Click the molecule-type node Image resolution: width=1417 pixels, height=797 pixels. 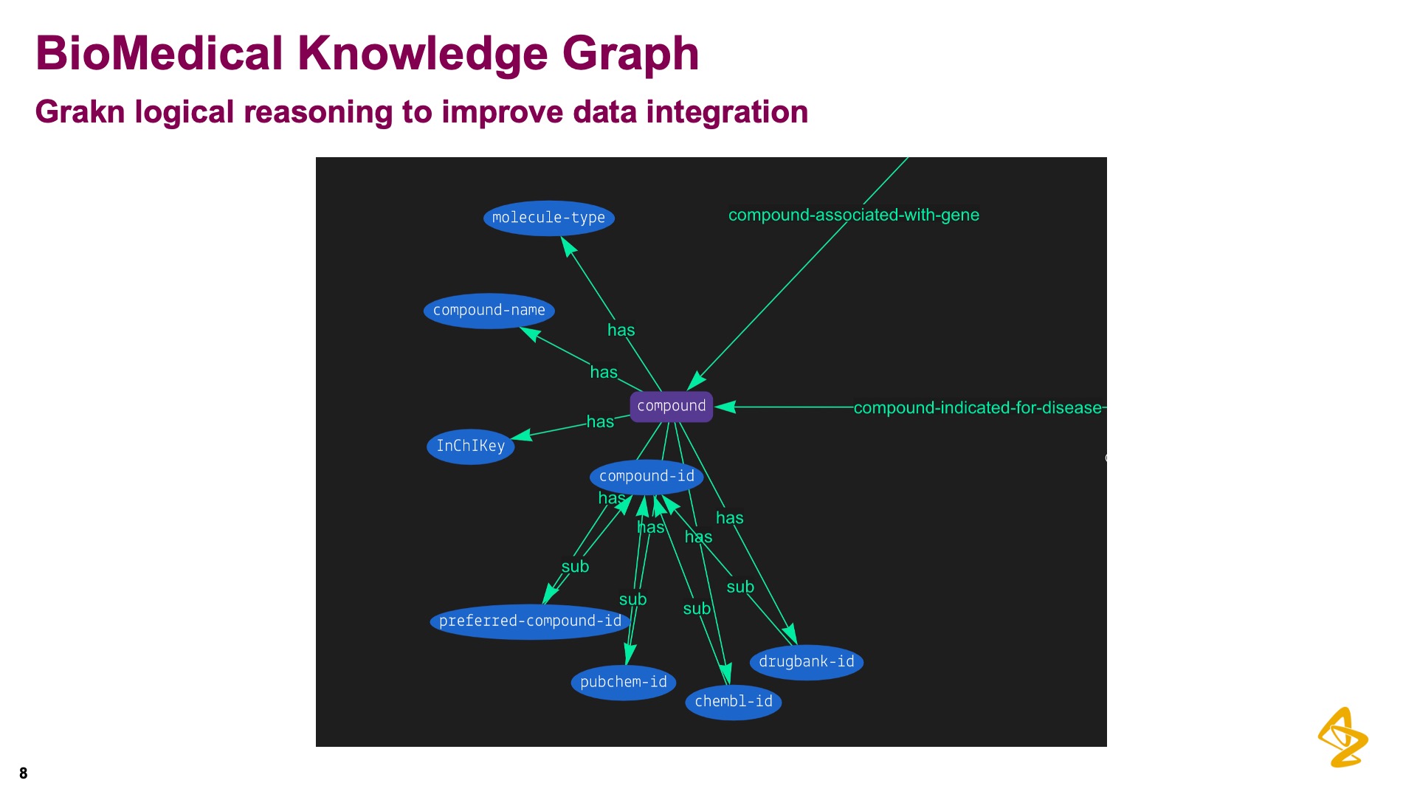[548, 218]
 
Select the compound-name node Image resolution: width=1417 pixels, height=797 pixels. [489, 311]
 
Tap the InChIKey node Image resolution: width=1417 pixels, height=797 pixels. [470, 446]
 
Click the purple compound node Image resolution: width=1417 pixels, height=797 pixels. [671, 407]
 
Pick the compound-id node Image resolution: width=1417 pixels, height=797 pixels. [647, 477]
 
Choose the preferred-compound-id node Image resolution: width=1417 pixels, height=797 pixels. [530, 621]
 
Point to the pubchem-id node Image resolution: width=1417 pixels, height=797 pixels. [623, 682]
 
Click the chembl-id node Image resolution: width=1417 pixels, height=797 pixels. [733, 702]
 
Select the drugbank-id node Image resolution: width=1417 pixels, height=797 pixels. [806, 662]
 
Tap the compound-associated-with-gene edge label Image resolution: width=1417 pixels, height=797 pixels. [853, 215]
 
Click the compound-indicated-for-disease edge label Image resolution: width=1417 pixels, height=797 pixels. [977, 408]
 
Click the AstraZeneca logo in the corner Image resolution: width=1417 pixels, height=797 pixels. [1342, 737]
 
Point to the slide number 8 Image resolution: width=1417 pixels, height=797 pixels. [24, 773]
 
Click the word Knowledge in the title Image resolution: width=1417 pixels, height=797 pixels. [422, 54]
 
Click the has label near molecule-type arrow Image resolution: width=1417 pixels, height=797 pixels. [621, 331]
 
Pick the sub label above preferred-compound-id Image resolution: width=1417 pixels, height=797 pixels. [575, 567]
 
